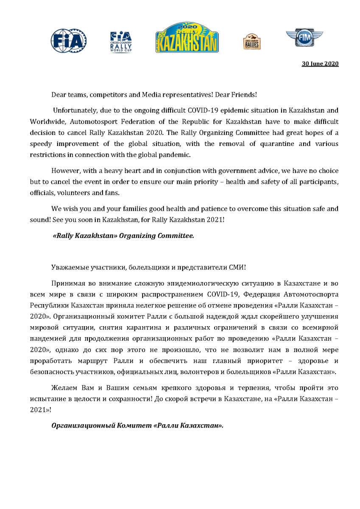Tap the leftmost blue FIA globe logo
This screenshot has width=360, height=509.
tap(69, 41)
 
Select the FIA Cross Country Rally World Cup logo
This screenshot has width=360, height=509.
tap(120, 41)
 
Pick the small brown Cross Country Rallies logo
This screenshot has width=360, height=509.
tap(252, 42)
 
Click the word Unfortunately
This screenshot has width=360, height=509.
tap(74, 111)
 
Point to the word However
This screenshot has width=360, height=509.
tap(64, 171)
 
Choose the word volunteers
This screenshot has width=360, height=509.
tap(75, 193)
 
